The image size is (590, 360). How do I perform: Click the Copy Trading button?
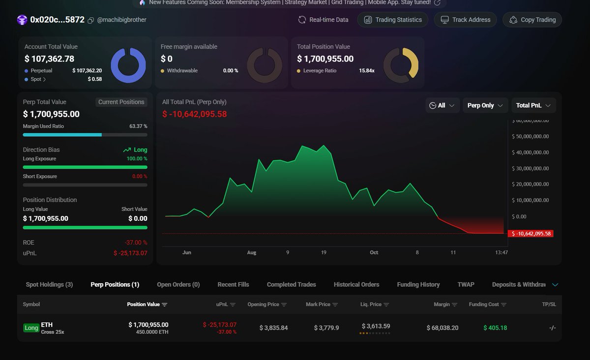click(x=532, y=20)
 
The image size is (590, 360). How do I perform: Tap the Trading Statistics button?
click(x=393, y=20)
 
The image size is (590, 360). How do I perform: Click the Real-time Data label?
click(x=324, y=20)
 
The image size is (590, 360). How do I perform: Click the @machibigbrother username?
click(x=121, y=20)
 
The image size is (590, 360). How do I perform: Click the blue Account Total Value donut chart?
click(x=128, y=65)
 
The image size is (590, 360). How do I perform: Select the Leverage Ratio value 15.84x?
click(x=366, y=70)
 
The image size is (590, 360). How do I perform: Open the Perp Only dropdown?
click(x=485, y=105)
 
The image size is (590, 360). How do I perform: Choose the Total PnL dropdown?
click(x=533, y=105)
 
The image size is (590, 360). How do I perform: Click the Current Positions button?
click(x=121, y=102)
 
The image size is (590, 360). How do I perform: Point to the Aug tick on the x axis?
click(x=251, y=252)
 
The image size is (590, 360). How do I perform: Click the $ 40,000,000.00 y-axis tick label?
click(x=531, y=152)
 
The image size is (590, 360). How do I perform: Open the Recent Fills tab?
click(x=233, y=284)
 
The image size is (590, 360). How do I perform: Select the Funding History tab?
click(x=418, y=284)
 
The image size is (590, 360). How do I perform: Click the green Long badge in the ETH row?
click(x=31, y=328)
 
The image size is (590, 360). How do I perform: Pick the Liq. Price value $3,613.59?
click(x=376, y=326)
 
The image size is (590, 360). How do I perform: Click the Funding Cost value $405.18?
click(x=495, y=328)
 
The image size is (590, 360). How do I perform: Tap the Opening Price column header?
click(x=263, y=304)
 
